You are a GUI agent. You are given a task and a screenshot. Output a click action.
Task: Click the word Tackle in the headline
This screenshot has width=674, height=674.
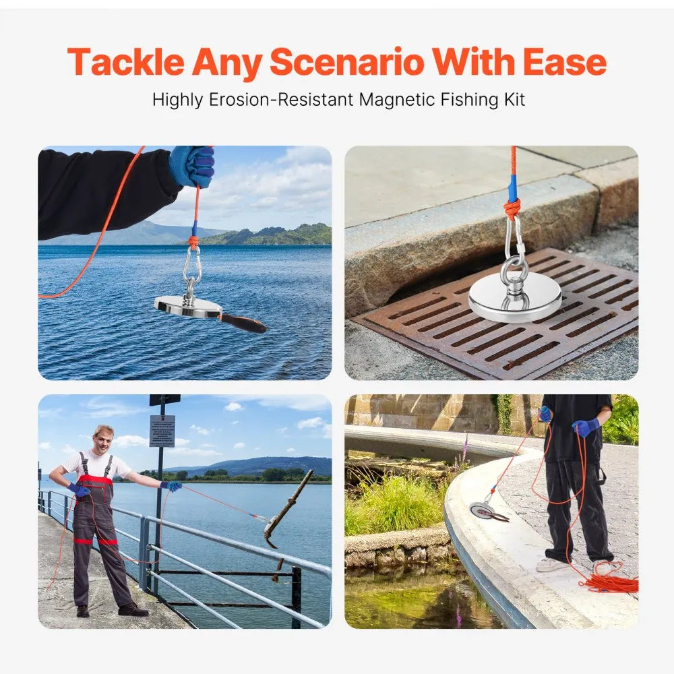click(x=125, y=63)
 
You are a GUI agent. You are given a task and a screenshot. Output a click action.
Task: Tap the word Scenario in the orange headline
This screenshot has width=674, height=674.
click(x=346, y=63)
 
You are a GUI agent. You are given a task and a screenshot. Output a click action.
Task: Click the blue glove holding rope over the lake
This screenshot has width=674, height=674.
click(x=193, y=165)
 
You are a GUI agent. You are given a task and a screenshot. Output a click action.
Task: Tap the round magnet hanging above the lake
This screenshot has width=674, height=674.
click(x=187, y=307)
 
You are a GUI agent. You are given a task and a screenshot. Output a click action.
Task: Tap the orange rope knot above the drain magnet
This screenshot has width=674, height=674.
click(x=512, y=208)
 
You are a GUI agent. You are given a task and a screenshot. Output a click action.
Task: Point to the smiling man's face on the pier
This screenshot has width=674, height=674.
click(x=102, y=441)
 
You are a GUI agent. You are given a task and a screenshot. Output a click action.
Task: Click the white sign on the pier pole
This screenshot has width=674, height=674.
click(x=162, y=431)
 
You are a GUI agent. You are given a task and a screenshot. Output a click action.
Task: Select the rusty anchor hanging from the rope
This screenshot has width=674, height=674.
click(x=286, y=512)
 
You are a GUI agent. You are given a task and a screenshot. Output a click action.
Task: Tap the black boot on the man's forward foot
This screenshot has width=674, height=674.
click(x=133, y=610)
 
